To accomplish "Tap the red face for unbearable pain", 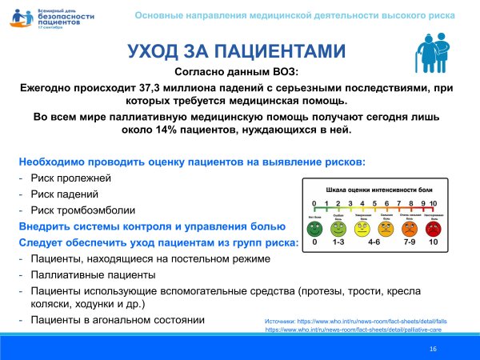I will click(x=434, y=226).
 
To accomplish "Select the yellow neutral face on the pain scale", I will click(x=362, y=226).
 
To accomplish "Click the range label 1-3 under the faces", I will click(x=338, y=242).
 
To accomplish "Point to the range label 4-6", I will click(x=373, y=242).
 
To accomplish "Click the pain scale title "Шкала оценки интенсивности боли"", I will click(x=374, y=189).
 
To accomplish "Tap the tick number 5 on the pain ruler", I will click(x=374, y=202).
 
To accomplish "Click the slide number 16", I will click(x=433, y=350).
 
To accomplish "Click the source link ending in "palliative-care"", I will click(x=355, y=330).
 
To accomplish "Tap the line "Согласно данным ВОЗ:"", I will click(x=239, y=73).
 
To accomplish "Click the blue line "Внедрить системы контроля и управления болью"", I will click(x=151, y=226).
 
